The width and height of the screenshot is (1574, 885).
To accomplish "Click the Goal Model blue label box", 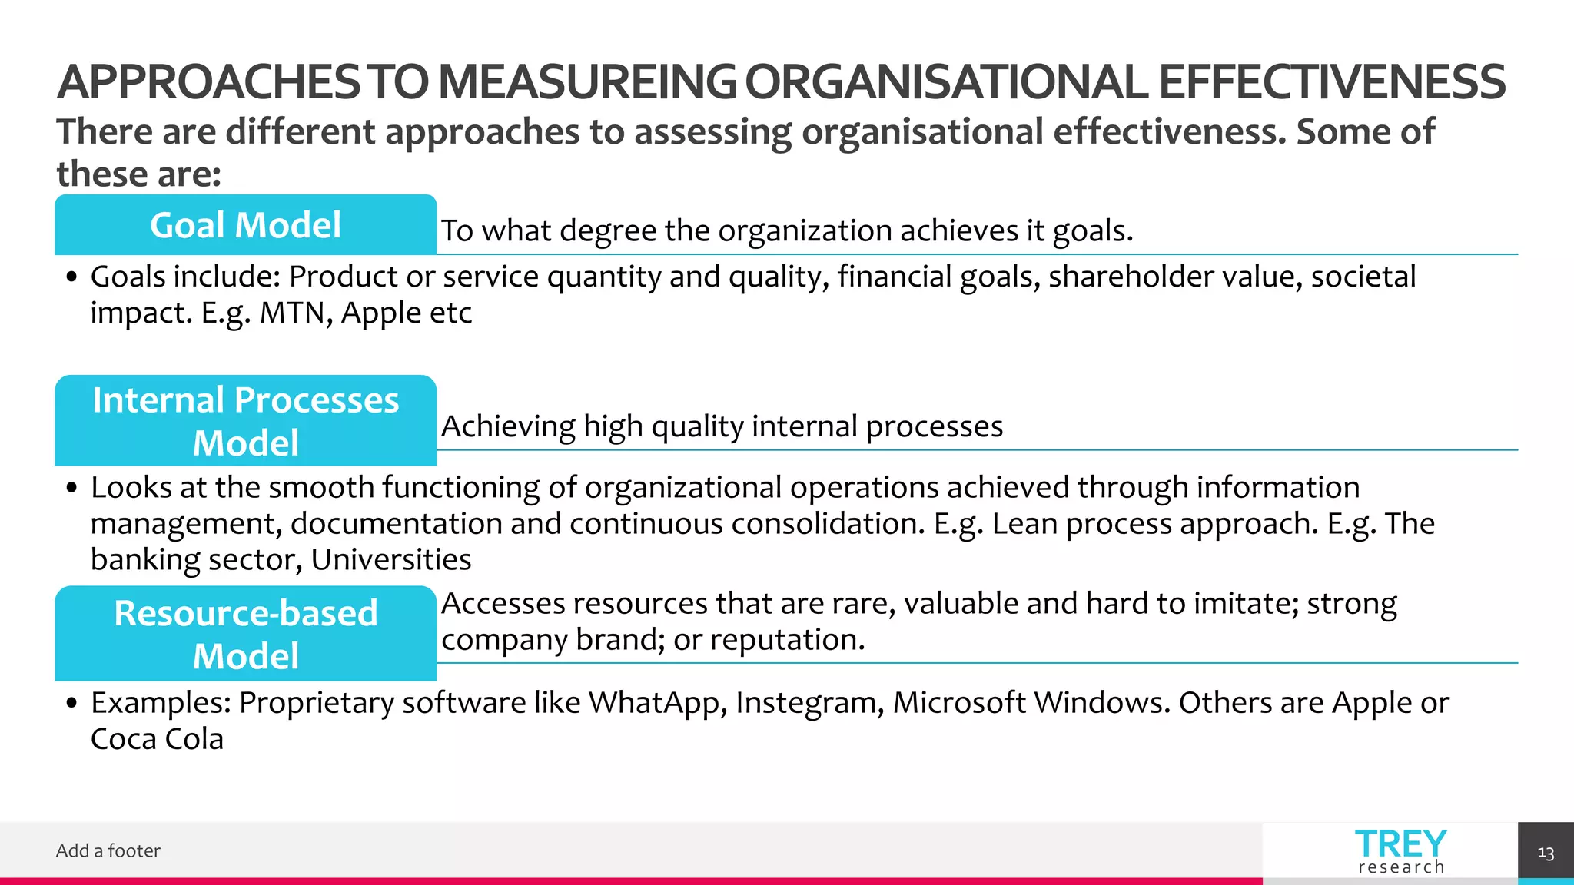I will tap(245, 225).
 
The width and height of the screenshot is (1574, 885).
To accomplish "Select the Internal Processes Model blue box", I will tap(245, 420).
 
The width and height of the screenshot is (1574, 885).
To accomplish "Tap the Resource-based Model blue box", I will tap(245, 634).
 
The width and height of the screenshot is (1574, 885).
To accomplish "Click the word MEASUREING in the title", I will tap(587, 82).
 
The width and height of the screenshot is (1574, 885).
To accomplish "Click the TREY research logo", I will tap(1400, 851).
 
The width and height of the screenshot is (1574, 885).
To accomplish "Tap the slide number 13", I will tap(1546, 854).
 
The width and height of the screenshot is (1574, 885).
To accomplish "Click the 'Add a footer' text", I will tap(108, 850).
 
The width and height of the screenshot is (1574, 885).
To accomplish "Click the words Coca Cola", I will tap(157, 739).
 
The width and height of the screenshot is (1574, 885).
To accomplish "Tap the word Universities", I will tap(391, 560).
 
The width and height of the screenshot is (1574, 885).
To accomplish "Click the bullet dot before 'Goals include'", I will tap(71, 277).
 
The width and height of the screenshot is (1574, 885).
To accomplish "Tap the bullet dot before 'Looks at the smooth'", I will tap(71, 489).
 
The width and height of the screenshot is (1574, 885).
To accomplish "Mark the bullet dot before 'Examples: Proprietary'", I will tap(71, 704).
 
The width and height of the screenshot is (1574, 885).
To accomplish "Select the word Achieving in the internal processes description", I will tap(508, 427).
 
